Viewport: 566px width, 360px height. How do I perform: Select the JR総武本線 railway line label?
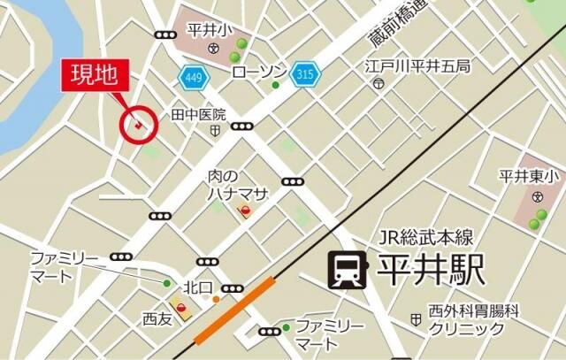tap(426, 236)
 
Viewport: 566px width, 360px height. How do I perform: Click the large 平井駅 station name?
tap(432, 270)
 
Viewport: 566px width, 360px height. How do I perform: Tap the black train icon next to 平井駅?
tap(346, 271)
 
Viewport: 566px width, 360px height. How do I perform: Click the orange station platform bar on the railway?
tap(234, 310)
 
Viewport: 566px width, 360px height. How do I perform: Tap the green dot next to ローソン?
tap(275, 85)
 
